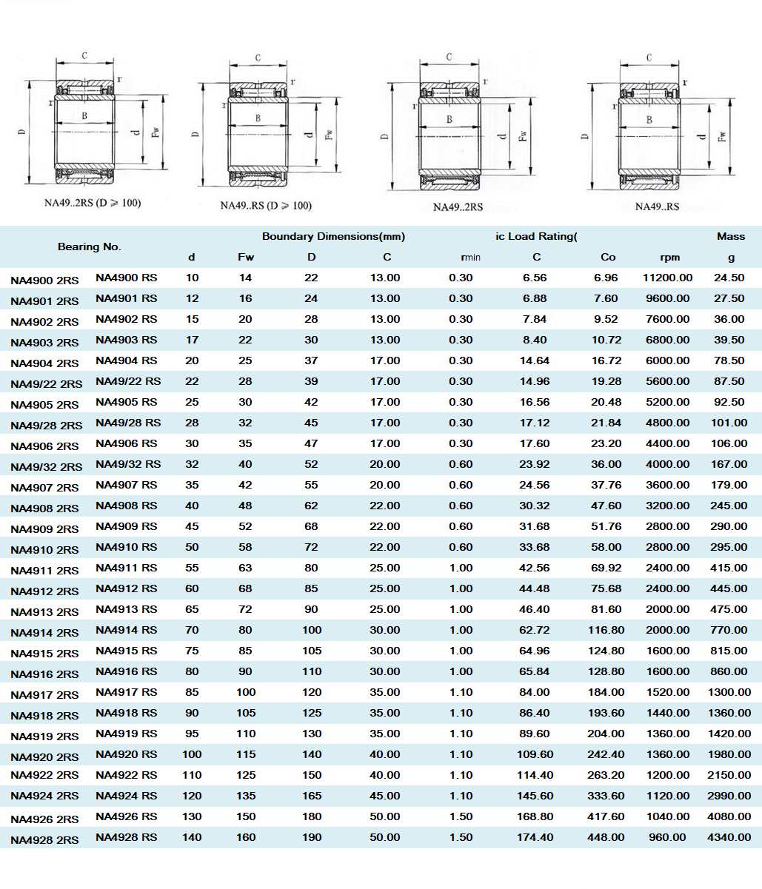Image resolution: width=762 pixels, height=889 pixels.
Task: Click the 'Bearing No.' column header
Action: tap(89, 246)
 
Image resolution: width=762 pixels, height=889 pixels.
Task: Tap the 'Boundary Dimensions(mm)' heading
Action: tap(333, 237)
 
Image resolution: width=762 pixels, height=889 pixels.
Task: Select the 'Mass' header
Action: tap(730, 237)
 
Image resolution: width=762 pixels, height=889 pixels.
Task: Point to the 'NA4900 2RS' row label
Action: tap(44, 281)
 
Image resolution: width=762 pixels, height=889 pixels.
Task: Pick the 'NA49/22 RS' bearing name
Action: tap(128, 381)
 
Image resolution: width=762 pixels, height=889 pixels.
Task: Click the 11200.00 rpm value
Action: tap(667, 278)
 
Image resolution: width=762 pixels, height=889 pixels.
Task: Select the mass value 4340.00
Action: tap(729, 837)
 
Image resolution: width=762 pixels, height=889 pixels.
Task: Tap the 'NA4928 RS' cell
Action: tap(127, 837)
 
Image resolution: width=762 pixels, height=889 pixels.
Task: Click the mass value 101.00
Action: tap(729, 423)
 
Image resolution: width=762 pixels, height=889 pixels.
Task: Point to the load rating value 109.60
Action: tap(536, 754)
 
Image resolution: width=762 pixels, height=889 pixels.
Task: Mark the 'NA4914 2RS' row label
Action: tap(44, 633)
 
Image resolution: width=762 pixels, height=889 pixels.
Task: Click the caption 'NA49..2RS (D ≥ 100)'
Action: tap(93, 203)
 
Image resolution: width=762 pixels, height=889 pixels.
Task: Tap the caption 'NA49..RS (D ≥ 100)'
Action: tap(266, 206)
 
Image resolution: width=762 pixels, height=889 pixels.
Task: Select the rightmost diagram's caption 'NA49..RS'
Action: tap(657, 207)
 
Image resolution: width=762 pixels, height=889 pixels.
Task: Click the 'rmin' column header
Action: tap(470, 258)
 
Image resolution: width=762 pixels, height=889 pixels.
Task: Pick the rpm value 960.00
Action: tap(667, 837)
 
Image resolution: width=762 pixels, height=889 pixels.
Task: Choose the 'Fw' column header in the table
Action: tap(246, 258)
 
